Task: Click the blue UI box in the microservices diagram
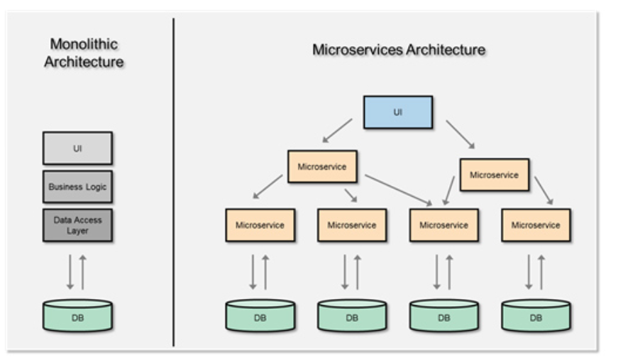point(398,112)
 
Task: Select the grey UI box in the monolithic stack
point(77,148)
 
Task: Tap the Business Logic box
point(77,187)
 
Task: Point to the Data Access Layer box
point(77,225)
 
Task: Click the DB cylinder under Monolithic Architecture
point(77,315)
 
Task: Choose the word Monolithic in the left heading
point(84,44)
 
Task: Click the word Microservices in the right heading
point(358,50)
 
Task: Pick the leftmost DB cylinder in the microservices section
point(260,315)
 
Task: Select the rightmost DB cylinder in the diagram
point(536,315)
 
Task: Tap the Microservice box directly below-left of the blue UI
point(322,166)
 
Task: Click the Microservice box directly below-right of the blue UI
point(495,175)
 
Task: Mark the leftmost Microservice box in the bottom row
point(260,225)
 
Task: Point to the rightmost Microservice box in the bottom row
point(536,225)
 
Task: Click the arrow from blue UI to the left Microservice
point(337,131)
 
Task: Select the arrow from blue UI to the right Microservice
point(460,134)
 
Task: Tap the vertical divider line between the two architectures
point(173,182)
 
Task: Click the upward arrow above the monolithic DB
point(83,272)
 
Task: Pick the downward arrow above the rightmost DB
point(529,272)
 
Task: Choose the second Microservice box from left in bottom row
point(352,225)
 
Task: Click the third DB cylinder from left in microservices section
point(444,315)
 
